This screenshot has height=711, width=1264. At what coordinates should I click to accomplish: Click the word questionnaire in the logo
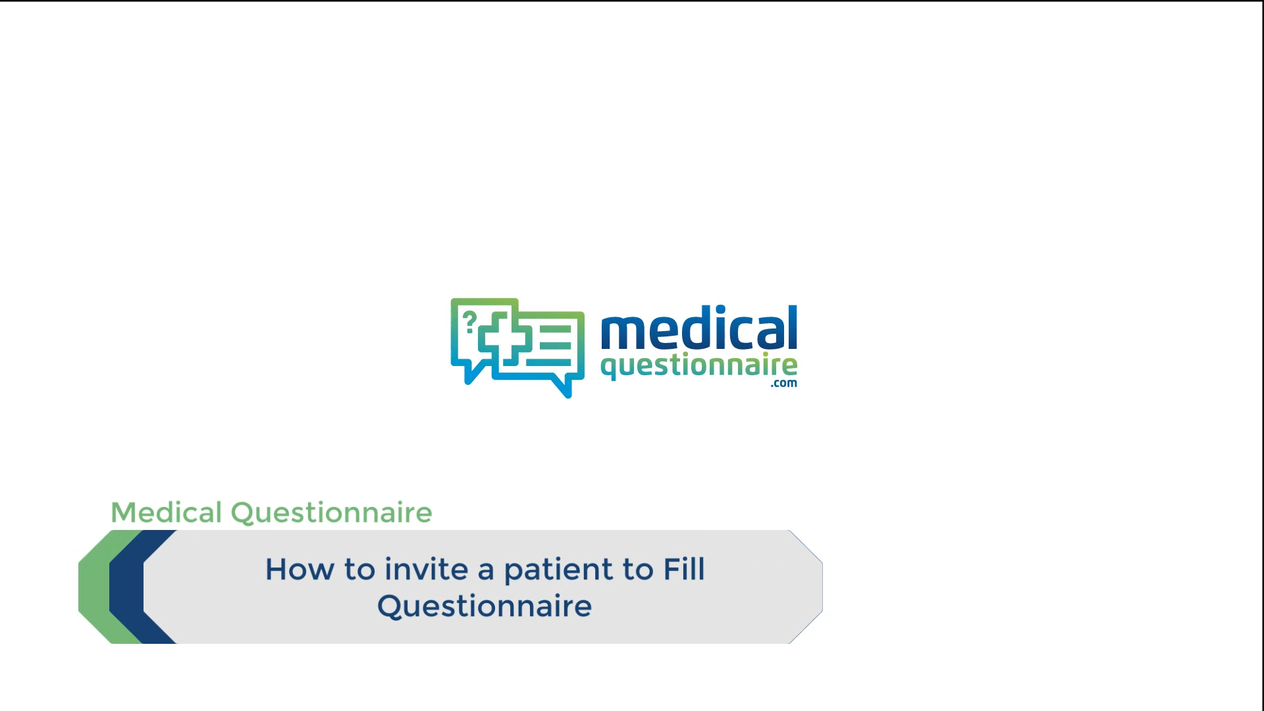click(x=699, y=365)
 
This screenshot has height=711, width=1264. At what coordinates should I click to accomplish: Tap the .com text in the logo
click(x=784, y=384)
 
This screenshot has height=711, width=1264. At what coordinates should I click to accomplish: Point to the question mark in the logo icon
click(x=469, y=322)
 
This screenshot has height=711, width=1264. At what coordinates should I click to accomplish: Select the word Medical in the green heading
click(x=166, y=513)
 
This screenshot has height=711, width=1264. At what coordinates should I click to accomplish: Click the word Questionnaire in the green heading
click(x=331, y=513)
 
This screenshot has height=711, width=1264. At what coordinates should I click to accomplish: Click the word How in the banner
click(x=300, y=569)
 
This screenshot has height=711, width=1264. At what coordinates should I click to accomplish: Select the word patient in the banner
click(x=559, y=570)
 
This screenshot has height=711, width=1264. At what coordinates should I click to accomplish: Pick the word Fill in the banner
click(x=684, y=569)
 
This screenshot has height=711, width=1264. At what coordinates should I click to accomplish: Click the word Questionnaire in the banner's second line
click(x=485, y=606)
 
